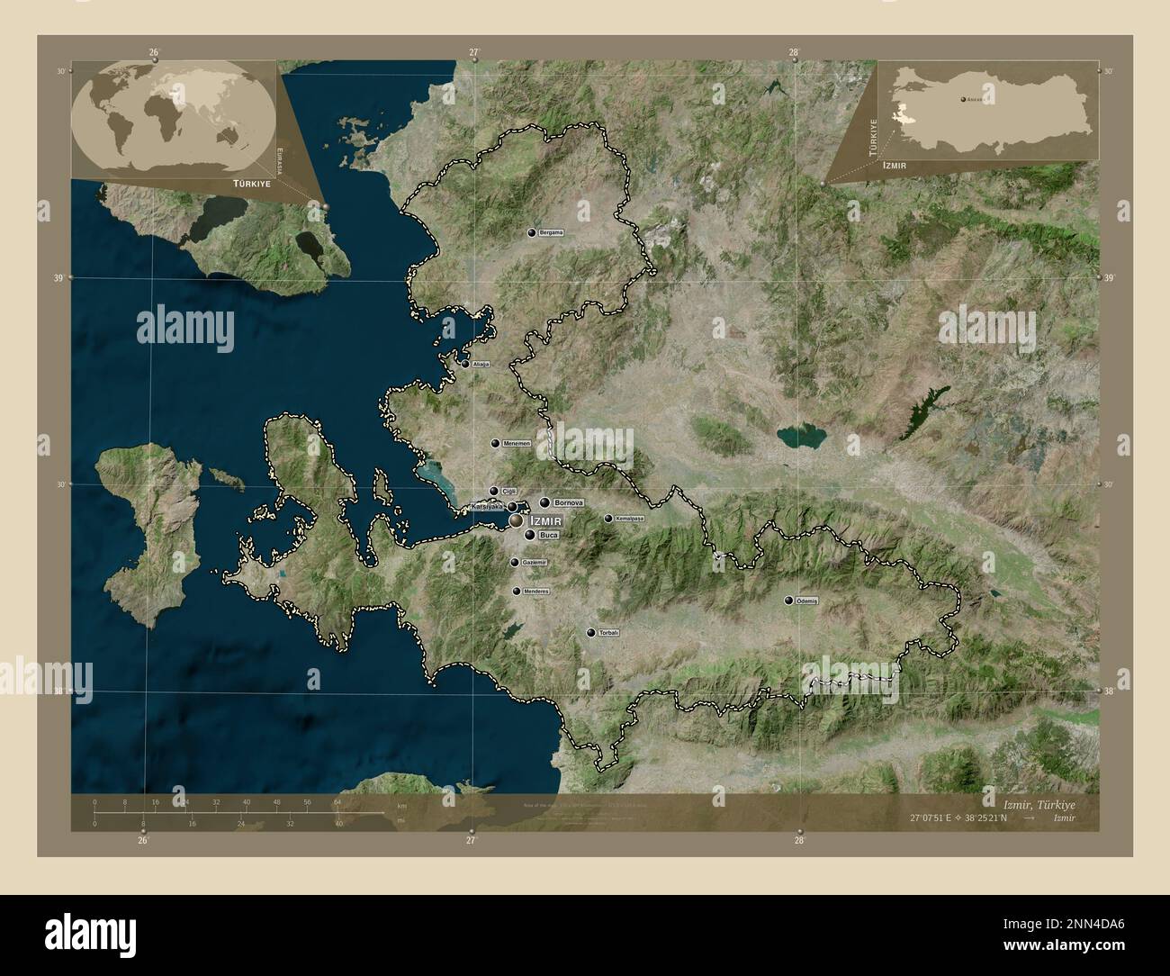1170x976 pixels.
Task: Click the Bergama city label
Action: [551, 233]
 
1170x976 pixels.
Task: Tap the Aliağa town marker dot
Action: [465, 364]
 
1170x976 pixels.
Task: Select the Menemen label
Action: [516, 444]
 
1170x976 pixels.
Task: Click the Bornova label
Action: [570, 502]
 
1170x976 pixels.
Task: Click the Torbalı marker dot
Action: [590, 634]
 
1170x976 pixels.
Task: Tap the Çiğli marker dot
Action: [493, 491]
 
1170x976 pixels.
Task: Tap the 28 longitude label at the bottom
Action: [798, 841]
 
